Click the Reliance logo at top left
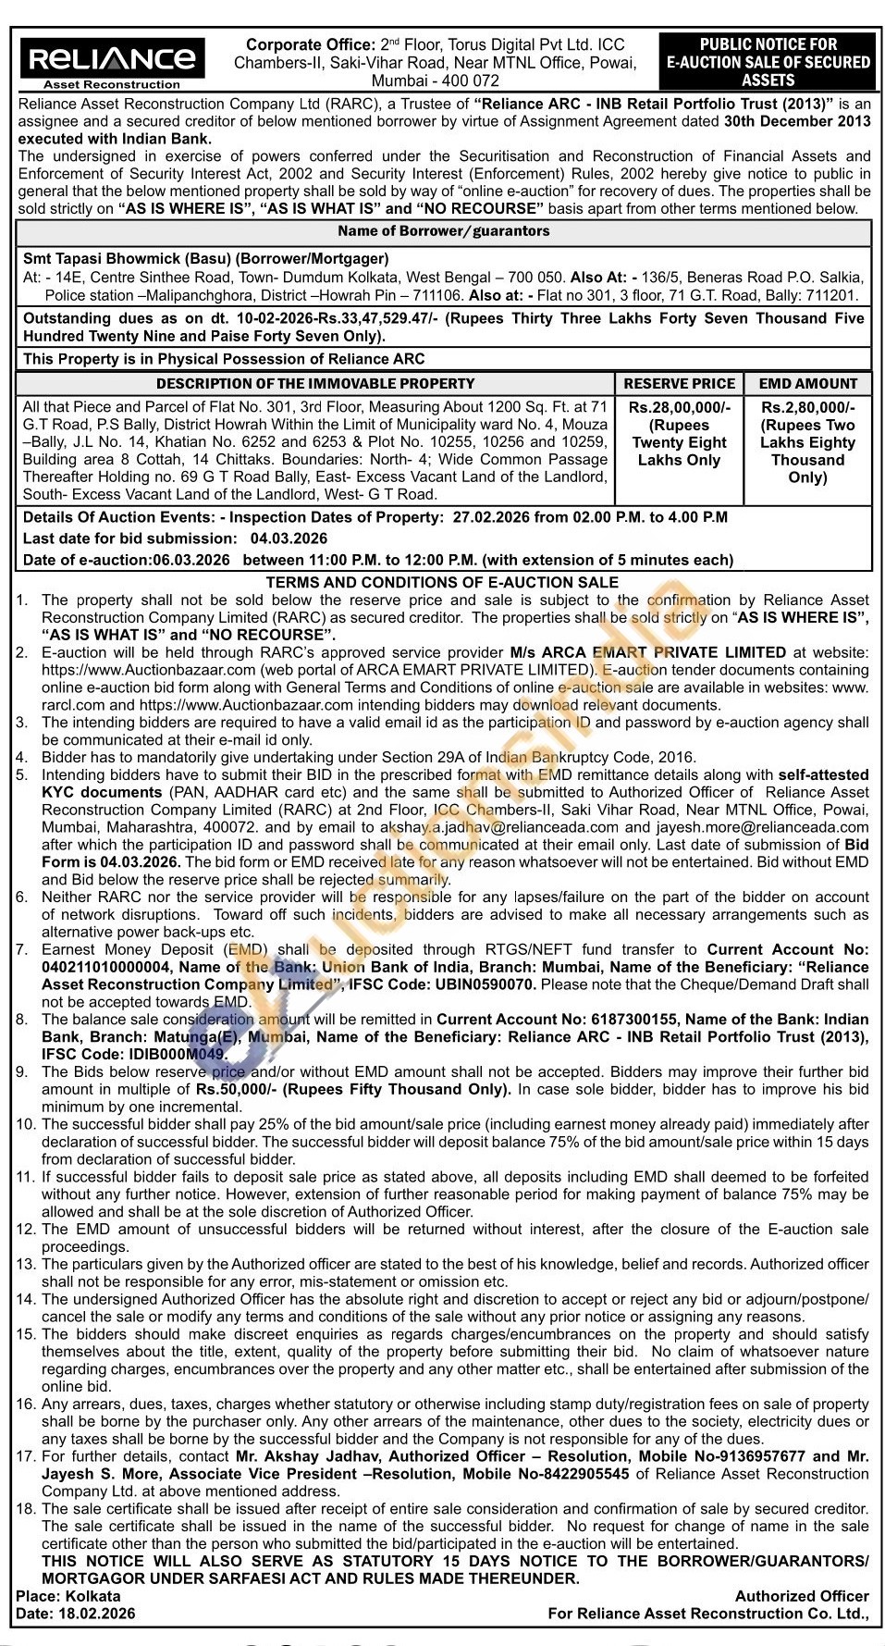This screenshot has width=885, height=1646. (112, 60)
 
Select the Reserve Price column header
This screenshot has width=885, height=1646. (679, 383)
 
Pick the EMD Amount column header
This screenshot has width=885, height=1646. (807, 383)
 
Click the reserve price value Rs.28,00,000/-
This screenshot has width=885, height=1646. (679, 407)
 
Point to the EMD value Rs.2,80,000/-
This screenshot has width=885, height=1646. (807, 407)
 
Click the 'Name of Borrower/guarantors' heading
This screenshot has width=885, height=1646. (443, 231)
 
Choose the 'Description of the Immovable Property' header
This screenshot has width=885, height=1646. (314, 383)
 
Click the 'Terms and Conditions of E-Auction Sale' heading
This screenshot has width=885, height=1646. (442, 582)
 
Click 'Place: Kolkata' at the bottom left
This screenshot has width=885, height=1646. (68, 1596)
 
